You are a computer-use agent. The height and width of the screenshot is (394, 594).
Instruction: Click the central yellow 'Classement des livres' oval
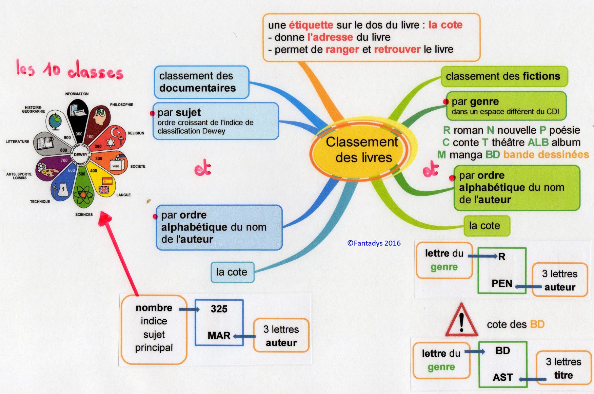[x=362, y=150]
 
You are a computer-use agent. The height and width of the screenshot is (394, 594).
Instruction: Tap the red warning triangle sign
[x=461, y=321]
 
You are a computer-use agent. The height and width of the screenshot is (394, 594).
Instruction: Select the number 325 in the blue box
[x=219, y=309]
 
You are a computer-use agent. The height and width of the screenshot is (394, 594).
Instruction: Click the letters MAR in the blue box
[x=219, y=336]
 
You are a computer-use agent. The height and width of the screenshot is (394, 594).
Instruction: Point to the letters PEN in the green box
[x=502, y=283]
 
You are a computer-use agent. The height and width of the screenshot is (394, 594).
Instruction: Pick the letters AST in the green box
[x=503, y=377]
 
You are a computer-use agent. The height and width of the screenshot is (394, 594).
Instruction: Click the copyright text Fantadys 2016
[x=374, y=243]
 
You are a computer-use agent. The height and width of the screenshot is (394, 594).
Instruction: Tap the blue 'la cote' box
[x=232, y=272]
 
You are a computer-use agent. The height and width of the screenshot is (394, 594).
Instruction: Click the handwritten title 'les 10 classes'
[x=70, y=70]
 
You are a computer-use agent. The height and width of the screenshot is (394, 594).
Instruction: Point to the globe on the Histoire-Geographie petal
[x=55, y=121]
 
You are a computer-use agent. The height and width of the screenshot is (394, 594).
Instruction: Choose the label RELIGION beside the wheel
[x=136, y=133]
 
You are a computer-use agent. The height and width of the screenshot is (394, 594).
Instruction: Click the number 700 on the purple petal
[x=64, y=160]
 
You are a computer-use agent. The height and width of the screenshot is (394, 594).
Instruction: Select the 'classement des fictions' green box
[x=503, y=76]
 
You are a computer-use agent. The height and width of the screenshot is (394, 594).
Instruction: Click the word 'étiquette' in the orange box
[x=311, y=25]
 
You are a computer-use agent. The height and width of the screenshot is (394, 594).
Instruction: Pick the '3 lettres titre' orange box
[x=563, y=368]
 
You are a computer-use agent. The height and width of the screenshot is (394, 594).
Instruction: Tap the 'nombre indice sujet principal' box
[x=154, y=328]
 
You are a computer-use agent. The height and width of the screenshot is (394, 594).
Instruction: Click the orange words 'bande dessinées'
[x=546, y=155]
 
